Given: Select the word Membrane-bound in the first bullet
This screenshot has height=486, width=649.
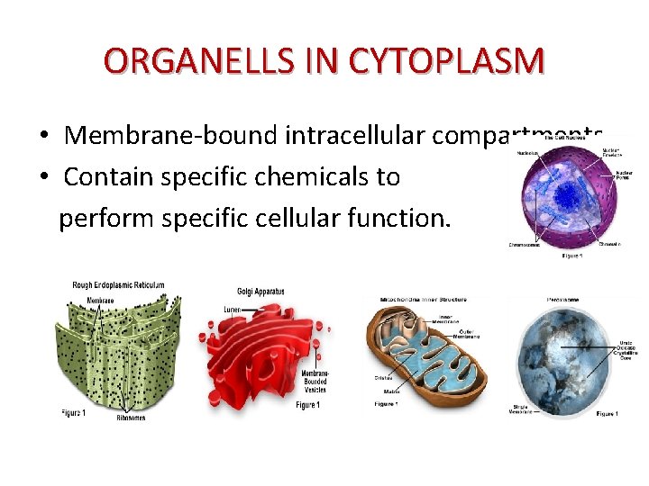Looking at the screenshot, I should [172, 136].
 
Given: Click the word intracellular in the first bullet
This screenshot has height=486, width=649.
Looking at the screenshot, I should [355, 136].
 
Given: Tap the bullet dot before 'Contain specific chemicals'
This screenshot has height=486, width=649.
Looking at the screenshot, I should [43, 177].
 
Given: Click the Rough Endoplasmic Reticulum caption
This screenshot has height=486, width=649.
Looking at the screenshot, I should [118, 285].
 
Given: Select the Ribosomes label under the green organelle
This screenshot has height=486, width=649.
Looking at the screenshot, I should [131, 418].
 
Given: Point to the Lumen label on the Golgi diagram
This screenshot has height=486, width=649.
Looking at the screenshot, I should [232, 310].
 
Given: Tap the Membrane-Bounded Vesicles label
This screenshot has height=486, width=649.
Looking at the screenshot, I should [315, 381].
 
